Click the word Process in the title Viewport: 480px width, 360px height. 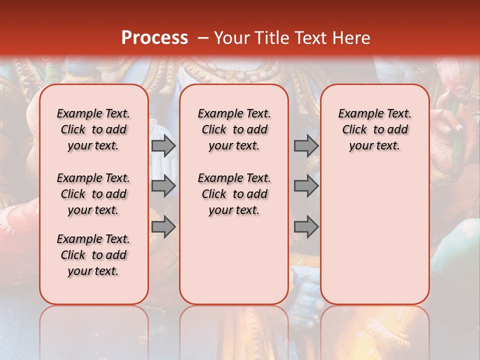point(154,37)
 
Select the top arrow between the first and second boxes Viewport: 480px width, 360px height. point(163,145)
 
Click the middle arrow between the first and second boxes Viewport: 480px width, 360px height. point(163,186)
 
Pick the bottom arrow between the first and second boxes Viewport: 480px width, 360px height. point(163,227)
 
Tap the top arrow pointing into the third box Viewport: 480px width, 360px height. point(306,145)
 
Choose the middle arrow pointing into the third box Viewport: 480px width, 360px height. point(306,186)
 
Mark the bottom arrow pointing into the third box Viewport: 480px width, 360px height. point(306,227)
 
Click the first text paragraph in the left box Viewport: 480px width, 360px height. point(93,129)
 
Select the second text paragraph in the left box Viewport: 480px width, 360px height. point(93,194)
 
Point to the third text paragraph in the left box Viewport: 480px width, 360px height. point(93,255)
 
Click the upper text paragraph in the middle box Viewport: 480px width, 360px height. point(234,129)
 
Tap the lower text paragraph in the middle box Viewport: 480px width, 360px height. point(234,194)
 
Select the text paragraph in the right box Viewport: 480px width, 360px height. point(374,129)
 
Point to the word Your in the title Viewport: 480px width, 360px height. point(231,37)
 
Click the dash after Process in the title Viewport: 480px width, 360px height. point(203,37)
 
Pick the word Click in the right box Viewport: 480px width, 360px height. point(354,130)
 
